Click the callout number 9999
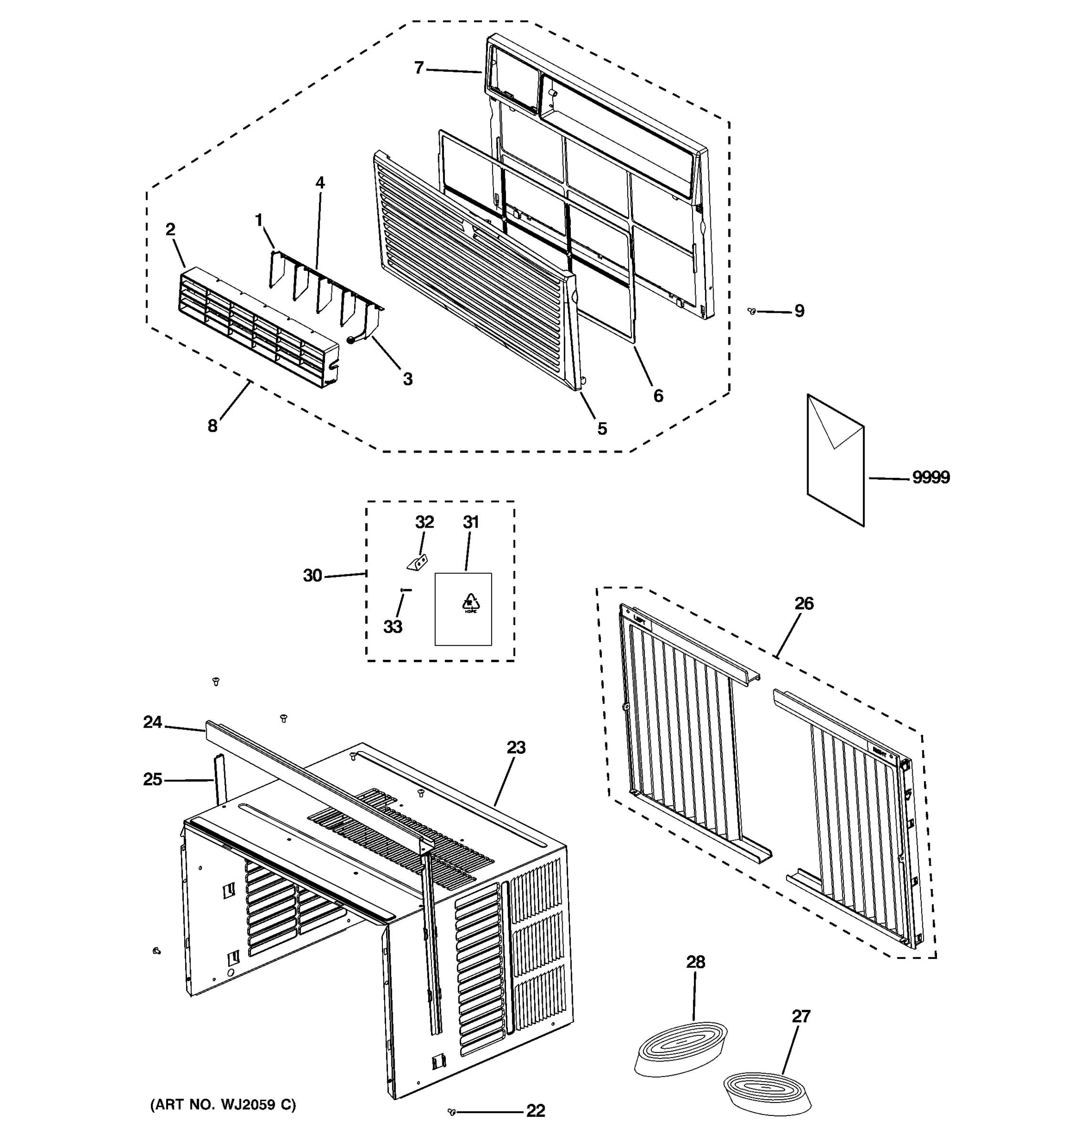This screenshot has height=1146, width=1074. click(930, 477)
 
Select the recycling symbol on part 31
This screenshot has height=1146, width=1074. click(471, 603)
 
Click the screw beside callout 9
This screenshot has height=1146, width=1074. click(751, 311)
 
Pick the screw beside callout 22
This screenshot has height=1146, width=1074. click(452, 1112)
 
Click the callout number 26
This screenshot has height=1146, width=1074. click(804, 604)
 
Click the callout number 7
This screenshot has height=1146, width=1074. click(419, 68)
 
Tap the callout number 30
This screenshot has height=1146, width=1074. click(312, 575)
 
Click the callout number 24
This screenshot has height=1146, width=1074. click(153, 722)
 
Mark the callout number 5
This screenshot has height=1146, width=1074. click(601, 428)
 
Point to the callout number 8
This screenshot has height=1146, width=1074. click(212, 426)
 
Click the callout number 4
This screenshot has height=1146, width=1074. click(320, 183)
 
